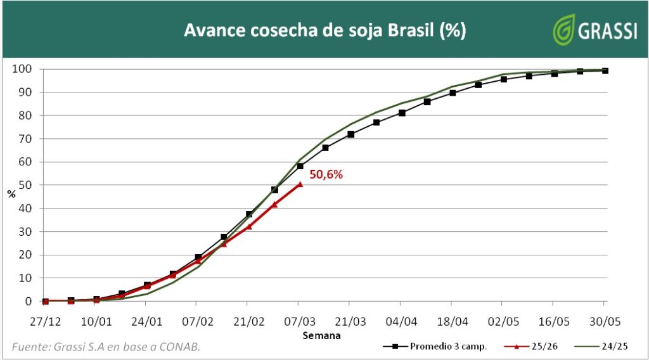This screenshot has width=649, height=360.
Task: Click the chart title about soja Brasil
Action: pyautogui.click(x=324, y=30)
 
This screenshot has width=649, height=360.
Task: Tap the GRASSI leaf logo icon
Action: pyautogui.click(x=563, y=30)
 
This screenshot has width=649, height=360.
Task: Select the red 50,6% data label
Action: pyautogui.click(x=326, y=174)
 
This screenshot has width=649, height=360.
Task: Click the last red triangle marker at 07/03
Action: pyautogui.click(x=300, y=184)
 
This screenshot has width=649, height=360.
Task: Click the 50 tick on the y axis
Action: pyautogui.click(x=25, y=185)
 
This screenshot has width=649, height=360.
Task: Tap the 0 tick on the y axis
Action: pyautogui.click(x=28, y=301)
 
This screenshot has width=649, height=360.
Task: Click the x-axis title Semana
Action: pyautogui.click(x=322, y=335)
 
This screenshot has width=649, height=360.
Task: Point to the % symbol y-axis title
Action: pyautogui.click(x=11, y=193)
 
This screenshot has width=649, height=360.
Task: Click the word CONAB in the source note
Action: pyautogui.click(x=186, y=347)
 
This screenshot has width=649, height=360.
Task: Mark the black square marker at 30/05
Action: pyautogui.click(x=605, y=70)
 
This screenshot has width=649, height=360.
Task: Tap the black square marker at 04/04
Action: pyautogui.click(x=402, y=113)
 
